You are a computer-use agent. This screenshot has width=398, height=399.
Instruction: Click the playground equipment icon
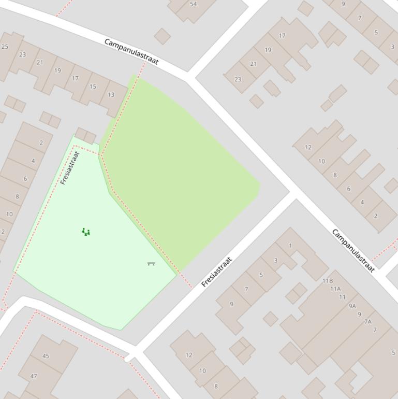pyautogui.click(x=86, y=232)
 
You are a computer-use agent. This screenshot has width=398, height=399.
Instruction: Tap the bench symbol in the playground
pyautogui.click(x=151, y=264)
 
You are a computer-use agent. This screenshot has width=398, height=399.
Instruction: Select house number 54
pyautogui.click(x=193, y=4)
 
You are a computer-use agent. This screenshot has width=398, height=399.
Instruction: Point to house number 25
pyautogui.click(x=5, y=47)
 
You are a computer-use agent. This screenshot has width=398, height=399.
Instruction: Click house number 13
pyautogui.click(x=111, y=95)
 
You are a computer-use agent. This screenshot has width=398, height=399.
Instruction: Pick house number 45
pyautogui.click(x=46, y=356)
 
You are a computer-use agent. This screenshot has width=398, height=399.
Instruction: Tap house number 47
pyautogui.click(x=34, y=376)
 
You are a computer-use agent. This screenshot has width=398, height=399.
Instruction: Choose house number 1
pyautogui.click(x=290, y=246)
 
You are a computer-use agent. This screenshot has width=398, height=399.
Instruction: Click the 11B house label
pyautogui.click(x=328, y=281)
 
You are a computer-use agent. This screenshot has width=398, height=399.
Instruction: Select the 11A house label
pyautogui.click(x=335, y=289)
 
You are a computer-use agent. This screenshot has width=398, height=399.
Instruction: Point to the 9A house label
pyautogui.click(x=352, y=306)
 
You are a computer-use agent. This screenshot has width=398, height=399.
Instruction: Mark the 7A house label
pyautogui.click(x=368, y=322)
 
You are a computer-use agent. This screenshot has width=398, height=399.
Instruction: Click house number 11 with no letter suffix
pyautogui.click(x=342, y=297)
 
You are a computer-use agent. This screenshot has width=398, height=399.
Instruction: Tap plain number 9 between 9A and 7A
pyautogui.click(x=359, y=314)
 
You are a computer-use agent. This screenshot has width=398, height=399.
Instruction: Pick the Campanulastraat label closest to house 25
pyautogui.click(x=131, y=51)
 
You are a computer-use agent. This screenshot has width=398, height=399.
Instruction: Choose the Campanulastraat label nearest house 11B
pyautogui.click(x=353, y=251)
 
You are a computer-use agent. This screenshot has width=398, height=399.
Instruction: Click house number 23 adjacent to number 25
pyautogui.click(x=22, y=54)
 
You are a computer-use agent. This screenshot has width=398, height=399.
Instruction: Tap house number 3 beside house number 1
pyautogui.click(x=275, y=261)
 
